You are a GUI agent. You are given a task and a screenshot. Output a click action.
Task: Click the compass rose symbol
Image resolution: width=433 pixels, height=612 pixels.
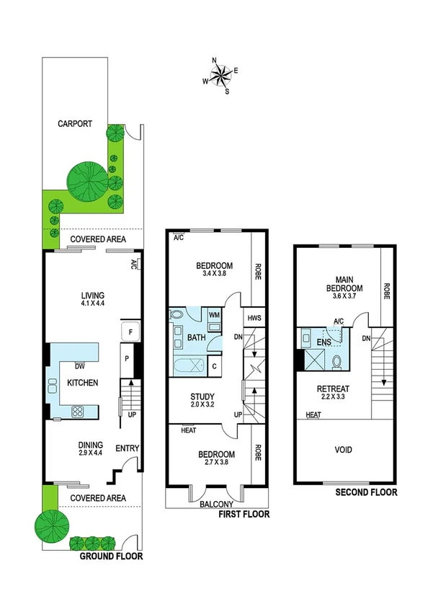click(x=220, y=74)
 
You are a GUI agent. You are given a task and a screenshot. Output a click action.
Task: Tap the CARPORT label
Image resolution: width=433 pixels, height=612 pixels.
click(x=75, y=123)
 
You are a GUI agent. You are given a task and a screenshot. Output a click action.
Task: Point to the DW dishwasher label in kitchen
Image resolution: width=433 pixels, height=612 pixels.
click(x=79, y=366)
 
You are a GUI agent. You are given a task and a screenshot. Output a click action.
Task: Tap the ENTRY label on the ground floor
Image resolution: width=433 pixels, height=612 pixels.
click(x=127, y=448)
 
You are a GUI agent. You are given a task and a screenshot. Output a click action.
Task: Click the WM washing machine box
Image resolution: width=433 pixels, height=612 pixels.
click(x=215, y=315)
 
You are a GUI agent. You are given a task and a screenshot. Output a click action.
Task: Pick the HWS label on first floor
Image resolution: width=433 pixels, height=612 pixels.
click(x=254, y=317)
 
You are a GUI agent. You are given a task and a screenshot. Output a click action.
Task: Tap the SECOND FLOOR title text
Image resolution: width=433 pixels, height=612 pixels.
click(x=366, y=493)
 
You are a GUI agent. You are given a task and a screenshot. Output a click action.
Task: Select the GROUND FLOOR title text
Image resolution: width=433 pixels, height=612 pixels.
click(x=111, y=556)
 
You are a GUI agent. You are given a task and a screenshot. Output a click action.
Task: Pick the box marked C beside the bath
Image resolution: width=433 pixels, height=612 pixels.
click(x=215, y=366)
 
